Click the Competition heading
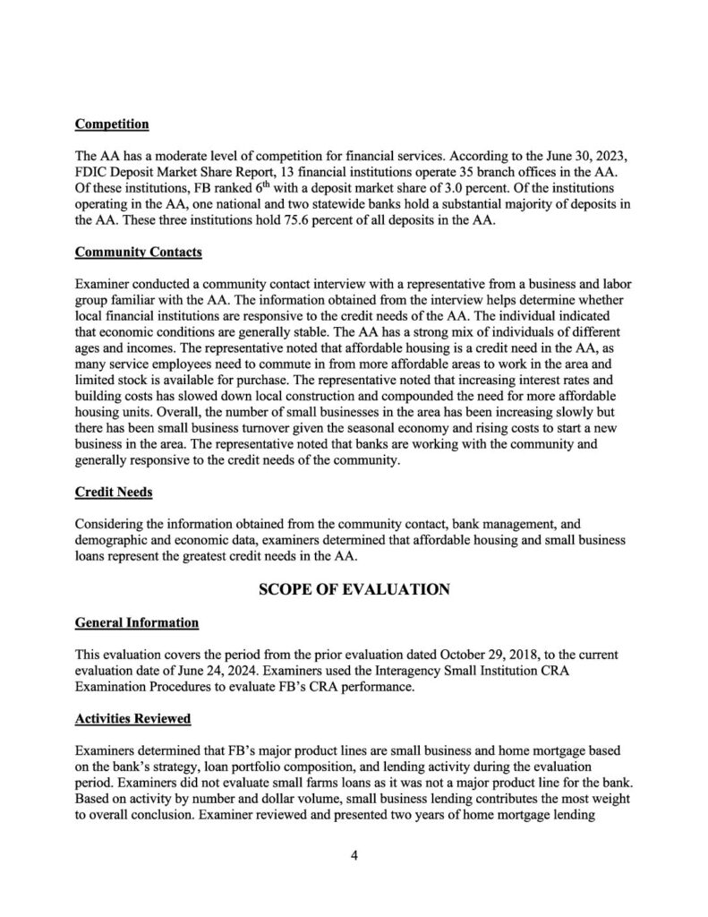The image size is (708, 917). pos(112,123)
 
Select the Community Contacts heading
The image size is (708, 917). pos(138,253)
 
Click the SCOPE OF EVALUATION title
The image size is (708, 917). pos(354,589)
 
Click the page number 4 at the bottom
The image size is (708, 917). pos(354,854)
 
